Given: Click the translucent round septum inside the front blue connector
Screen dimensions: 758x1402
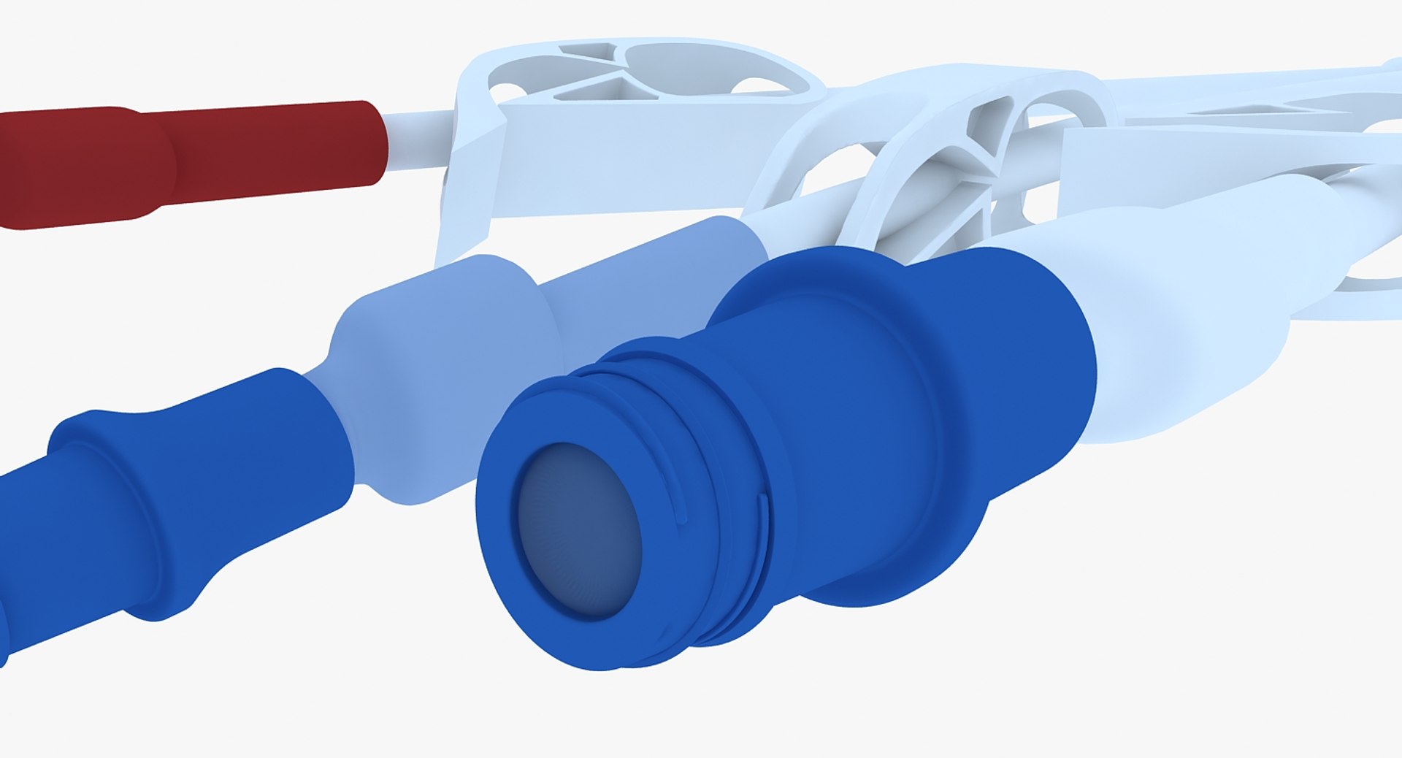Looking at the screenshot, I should tap(581, 529).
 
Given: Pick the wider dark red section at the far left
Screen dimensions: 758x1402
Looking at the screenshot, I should tap(73, 168).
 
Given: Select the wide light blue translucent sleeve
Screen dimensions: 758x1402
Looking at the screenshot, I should tap(438, 365).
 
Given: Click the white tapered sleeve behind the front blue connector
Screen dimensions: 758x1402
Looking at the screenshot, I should tap(1183, 307).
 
